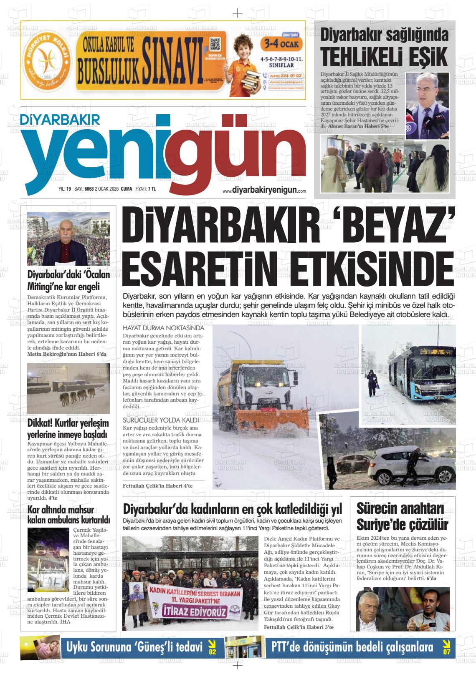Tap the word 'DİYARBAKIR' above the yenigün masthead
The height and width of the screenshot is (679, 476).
55,119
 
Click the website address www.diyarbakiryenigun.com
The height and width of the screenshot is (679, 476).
264,190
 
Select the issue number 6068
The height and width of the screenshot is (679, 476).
89,189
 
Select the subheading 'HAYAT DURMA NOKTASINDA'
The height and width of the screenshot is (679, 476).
163,328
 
